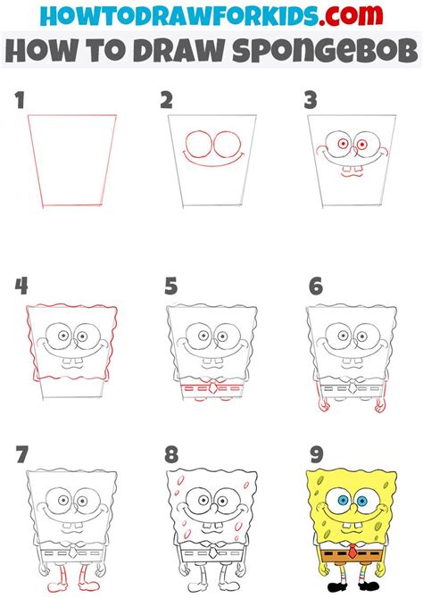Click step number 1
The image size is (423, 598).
pyautogui.click(x=20, y=101)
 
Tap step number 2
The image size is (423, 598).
pyautogui.click(x=166, y=101)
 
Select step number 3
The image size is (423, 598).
pyautogui.click(x=310, y=101)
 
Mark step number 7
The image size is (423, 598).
pyautogui.click(x=21, y=455)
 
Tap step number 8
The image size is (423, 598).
pyautogui.click(x=170, y=455)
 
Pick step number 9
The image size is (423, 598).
pyautogui.click(x=314, y=455)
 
